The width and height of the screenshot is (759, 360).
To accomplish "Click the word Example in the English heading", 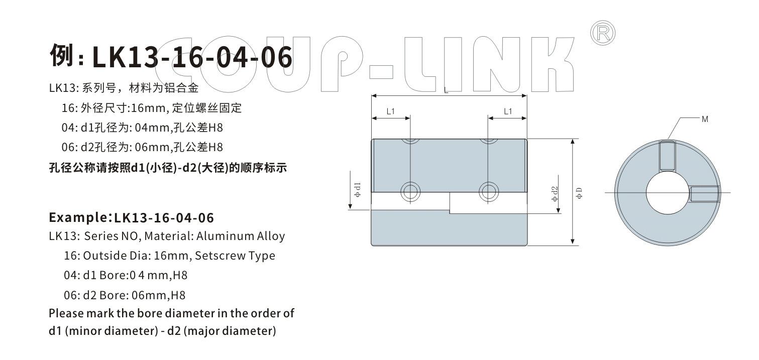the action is (78, 217).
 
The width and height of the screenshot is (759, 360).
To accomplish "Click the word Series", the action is (102, 235).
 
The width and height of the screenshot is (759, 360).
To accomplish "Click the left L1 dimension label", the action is (391, 111).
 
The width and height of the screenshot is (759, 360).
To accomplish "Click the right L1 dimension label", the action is (508, 111).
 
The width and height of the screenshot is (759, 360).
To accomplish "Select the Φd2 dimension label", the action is (555, 194).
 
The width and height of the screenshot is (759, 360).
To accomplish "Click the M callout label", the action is (705, 119).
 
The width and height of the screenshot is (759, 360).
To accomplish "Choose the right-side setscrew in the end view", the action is (705, 193).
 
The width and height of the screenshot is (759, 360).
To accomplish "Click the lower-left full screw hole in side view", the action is (410, 191).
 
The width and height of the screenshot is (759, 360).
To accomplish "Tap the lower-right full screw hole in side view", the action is (488, 191).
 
